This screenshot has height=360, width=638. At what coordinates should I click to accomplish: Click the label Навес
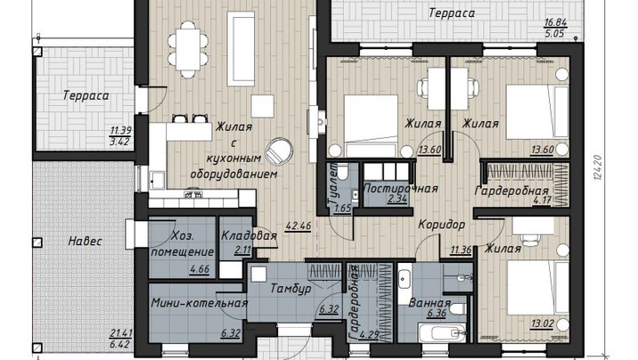coord(85,241)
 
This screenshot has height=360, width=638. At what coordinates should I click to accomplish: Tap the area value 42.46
coord(299,225)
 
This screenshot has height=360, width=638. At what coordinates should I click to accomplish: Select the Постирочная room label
coord(400,189)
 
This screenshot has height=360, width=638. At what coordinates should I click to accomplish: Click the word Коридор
coord(441,225)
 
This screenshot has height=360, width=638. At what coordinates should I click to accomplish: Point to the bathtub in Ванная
coord(442,333)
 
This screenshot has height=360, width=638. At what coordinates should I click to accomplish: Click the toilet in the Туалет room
coord(343,171)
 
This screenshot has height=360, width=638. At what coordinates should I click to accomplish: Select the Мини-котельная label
coord(200,303)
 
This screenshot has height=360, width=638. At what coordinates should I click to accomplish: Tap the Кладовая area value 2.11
coord(242,250)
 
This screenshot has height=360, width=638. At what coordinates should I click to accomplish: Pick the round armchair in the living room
coord(279,151)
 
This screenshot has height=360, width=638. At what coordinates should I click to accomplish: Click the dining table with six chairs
coord(188,50)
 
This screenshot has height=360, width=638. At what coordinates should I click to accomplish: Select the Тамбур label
coord(290,289)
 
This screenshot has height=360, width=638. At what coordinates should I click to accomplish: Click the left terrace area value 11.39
coord(121,131)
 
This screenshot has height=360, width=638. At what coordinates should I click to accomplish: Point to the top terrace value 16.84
coord(556,23)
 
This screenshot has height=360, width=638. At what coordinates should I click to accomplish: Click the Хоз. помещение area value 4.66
coord(200,268)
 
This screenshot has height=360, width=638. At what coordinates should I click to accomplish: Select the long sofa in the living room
coord(241,49)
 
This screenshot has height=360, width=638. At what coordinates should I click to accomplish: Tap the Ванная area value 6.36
coord(437,314)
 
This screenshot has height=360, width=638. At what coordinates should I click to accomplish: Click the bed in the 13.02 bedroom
coord(538,288)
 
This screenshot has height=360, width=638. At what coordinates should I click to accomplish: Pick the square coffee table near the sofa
coord(263,106)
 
